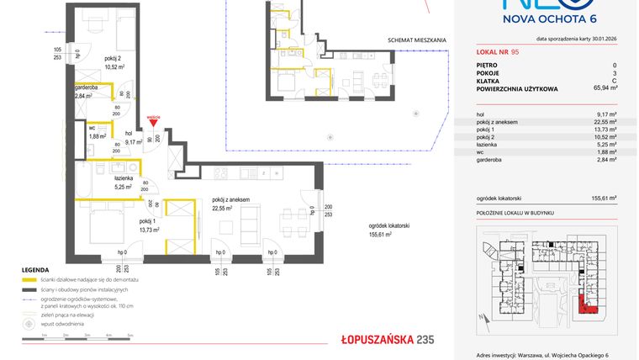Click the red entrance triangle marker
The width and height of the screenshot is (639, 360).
tap(152, 124)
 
